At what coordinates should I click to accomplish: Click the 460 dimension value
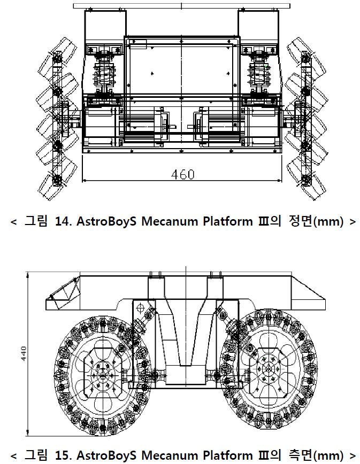point(182,175)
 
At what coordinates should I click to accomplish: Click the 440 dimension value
point(24,353)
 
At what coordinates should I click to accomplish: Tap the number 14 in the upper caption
point(62,221)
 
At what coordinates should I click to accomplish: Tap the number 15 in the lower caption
point(62,455)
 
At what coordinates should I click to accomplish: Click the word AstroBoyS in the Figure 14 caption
point(106,221)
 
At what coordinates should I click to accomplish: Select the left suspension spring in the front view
point(104,73)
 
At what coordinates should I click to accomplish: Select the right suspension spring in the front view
point(259,73)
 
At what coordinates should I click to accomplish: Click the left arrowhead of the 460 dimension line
point(85,180)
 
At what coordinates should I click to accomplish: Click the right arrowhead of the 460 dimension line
point(280,180)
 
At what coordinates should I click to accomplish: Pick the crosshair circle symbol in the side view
point(140,308)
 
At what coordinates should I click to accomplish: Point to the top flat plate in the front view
point(181,6)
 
